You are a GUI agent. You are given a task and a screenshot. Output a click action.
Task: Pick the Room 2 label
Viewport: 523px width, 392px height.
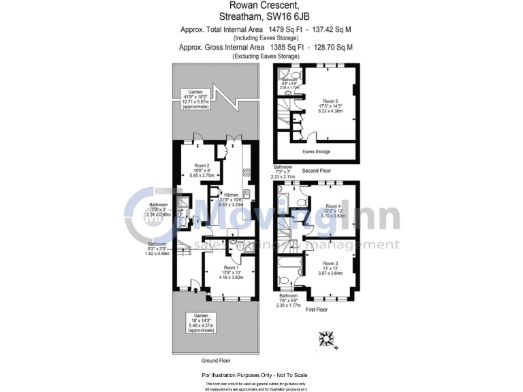[202, 165]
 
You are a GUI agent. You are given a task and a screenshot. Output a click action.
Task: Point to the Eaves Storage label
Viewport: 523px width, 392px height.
[316, 152]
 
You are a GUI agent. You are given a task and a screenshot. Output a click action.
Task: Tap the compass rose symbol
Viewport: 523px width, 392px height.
[327, 338]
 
